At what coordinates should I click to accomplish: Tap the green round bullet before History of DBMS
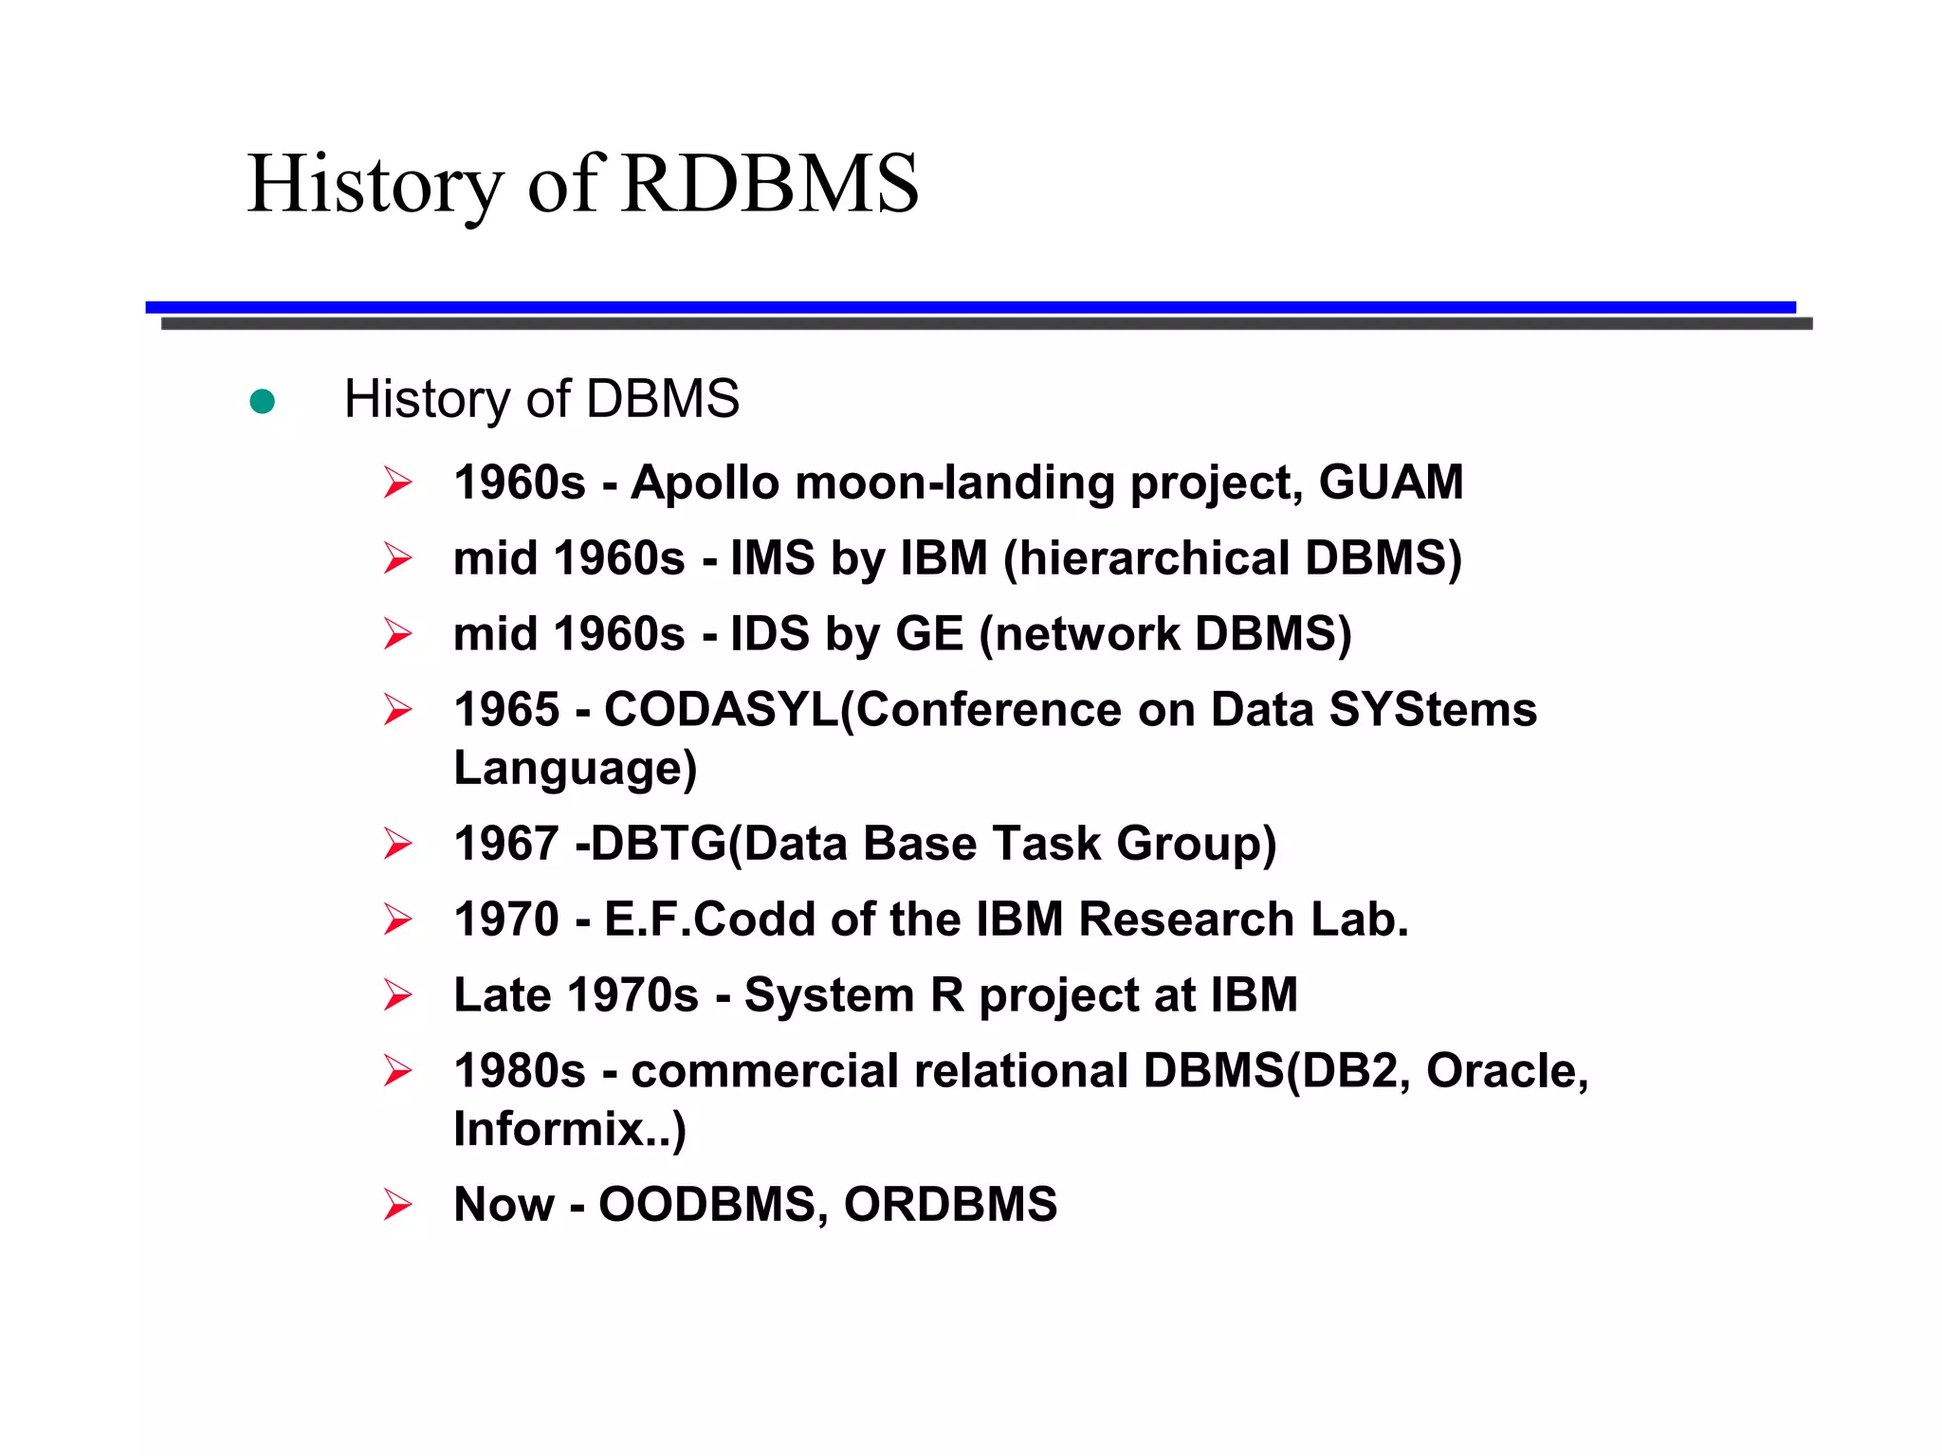click(x=262, y=402)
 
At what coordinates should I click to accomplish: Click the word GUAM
click(x=1390, y=482)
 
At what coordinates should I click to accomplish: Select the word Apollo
click(x=705, y=482)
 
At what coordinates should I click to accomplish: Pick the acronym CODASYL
click(x=721, y=710)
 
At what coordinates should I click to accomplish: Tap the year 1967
click(x=506, y=844)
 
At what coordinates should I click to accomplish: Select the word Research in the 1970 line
click(x=1185, y=919)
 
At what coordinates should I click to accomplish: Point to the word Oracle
click(x=1506, y=1071)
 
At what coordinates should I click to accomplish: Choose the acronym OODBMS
click(x=707, y=1205)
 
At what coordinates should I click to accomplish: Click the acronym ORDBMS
click(x=950, y=1205)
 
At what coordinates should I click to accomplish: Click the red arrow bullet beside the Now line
click(x=397, y=1205)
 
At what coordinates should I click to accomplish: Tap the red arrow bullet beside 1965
click(x=397, y=710)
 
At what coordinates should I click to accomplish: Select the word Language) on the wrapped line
click(x=575, y=768)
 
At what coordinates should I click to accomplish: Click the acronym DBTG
click(x=658, y=844)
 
